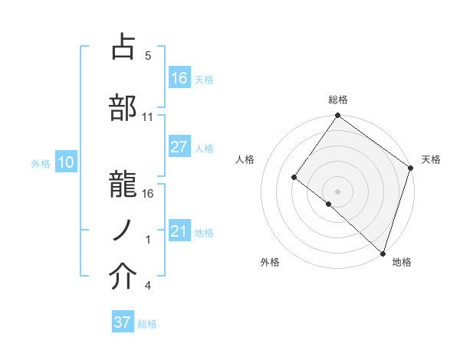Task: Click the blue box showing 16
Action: pyautogui.click(x=179, y=77)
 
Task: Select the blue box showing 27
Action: pyautogui.click(x=179, y=147)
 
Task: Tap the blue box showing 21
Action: pyautogui.click(x=179, y=231)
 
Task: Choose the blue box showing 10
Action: pyautogui.click(x=66, y=162)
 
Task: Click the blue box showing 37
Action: pyautogui.click(x=123, y=322)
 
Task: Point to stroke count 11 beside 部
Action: pyautogui.click(x=148, y=117)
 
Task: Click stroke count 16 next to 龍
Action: pyautogui.click(x=148, y=193)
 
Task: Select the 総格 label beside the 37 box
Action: pyautogui.click(x=147, y=324)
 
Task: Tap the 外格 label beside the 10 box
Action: pyautogui.click(x=41, y=163)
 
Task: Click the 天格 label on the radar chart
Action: pyautogui.click(x=431, y=159)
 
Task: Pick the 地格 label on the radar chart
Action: pyautogui.click(x=402, y=262)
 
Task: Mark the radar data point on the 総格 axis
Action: pyautogui.click(x=337, y=116)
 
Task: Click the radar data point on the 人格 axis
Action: pyautogui.click(x=294, y=178)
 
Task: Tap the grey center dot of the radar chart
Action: pyautogui.click(x=337, y=191)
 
